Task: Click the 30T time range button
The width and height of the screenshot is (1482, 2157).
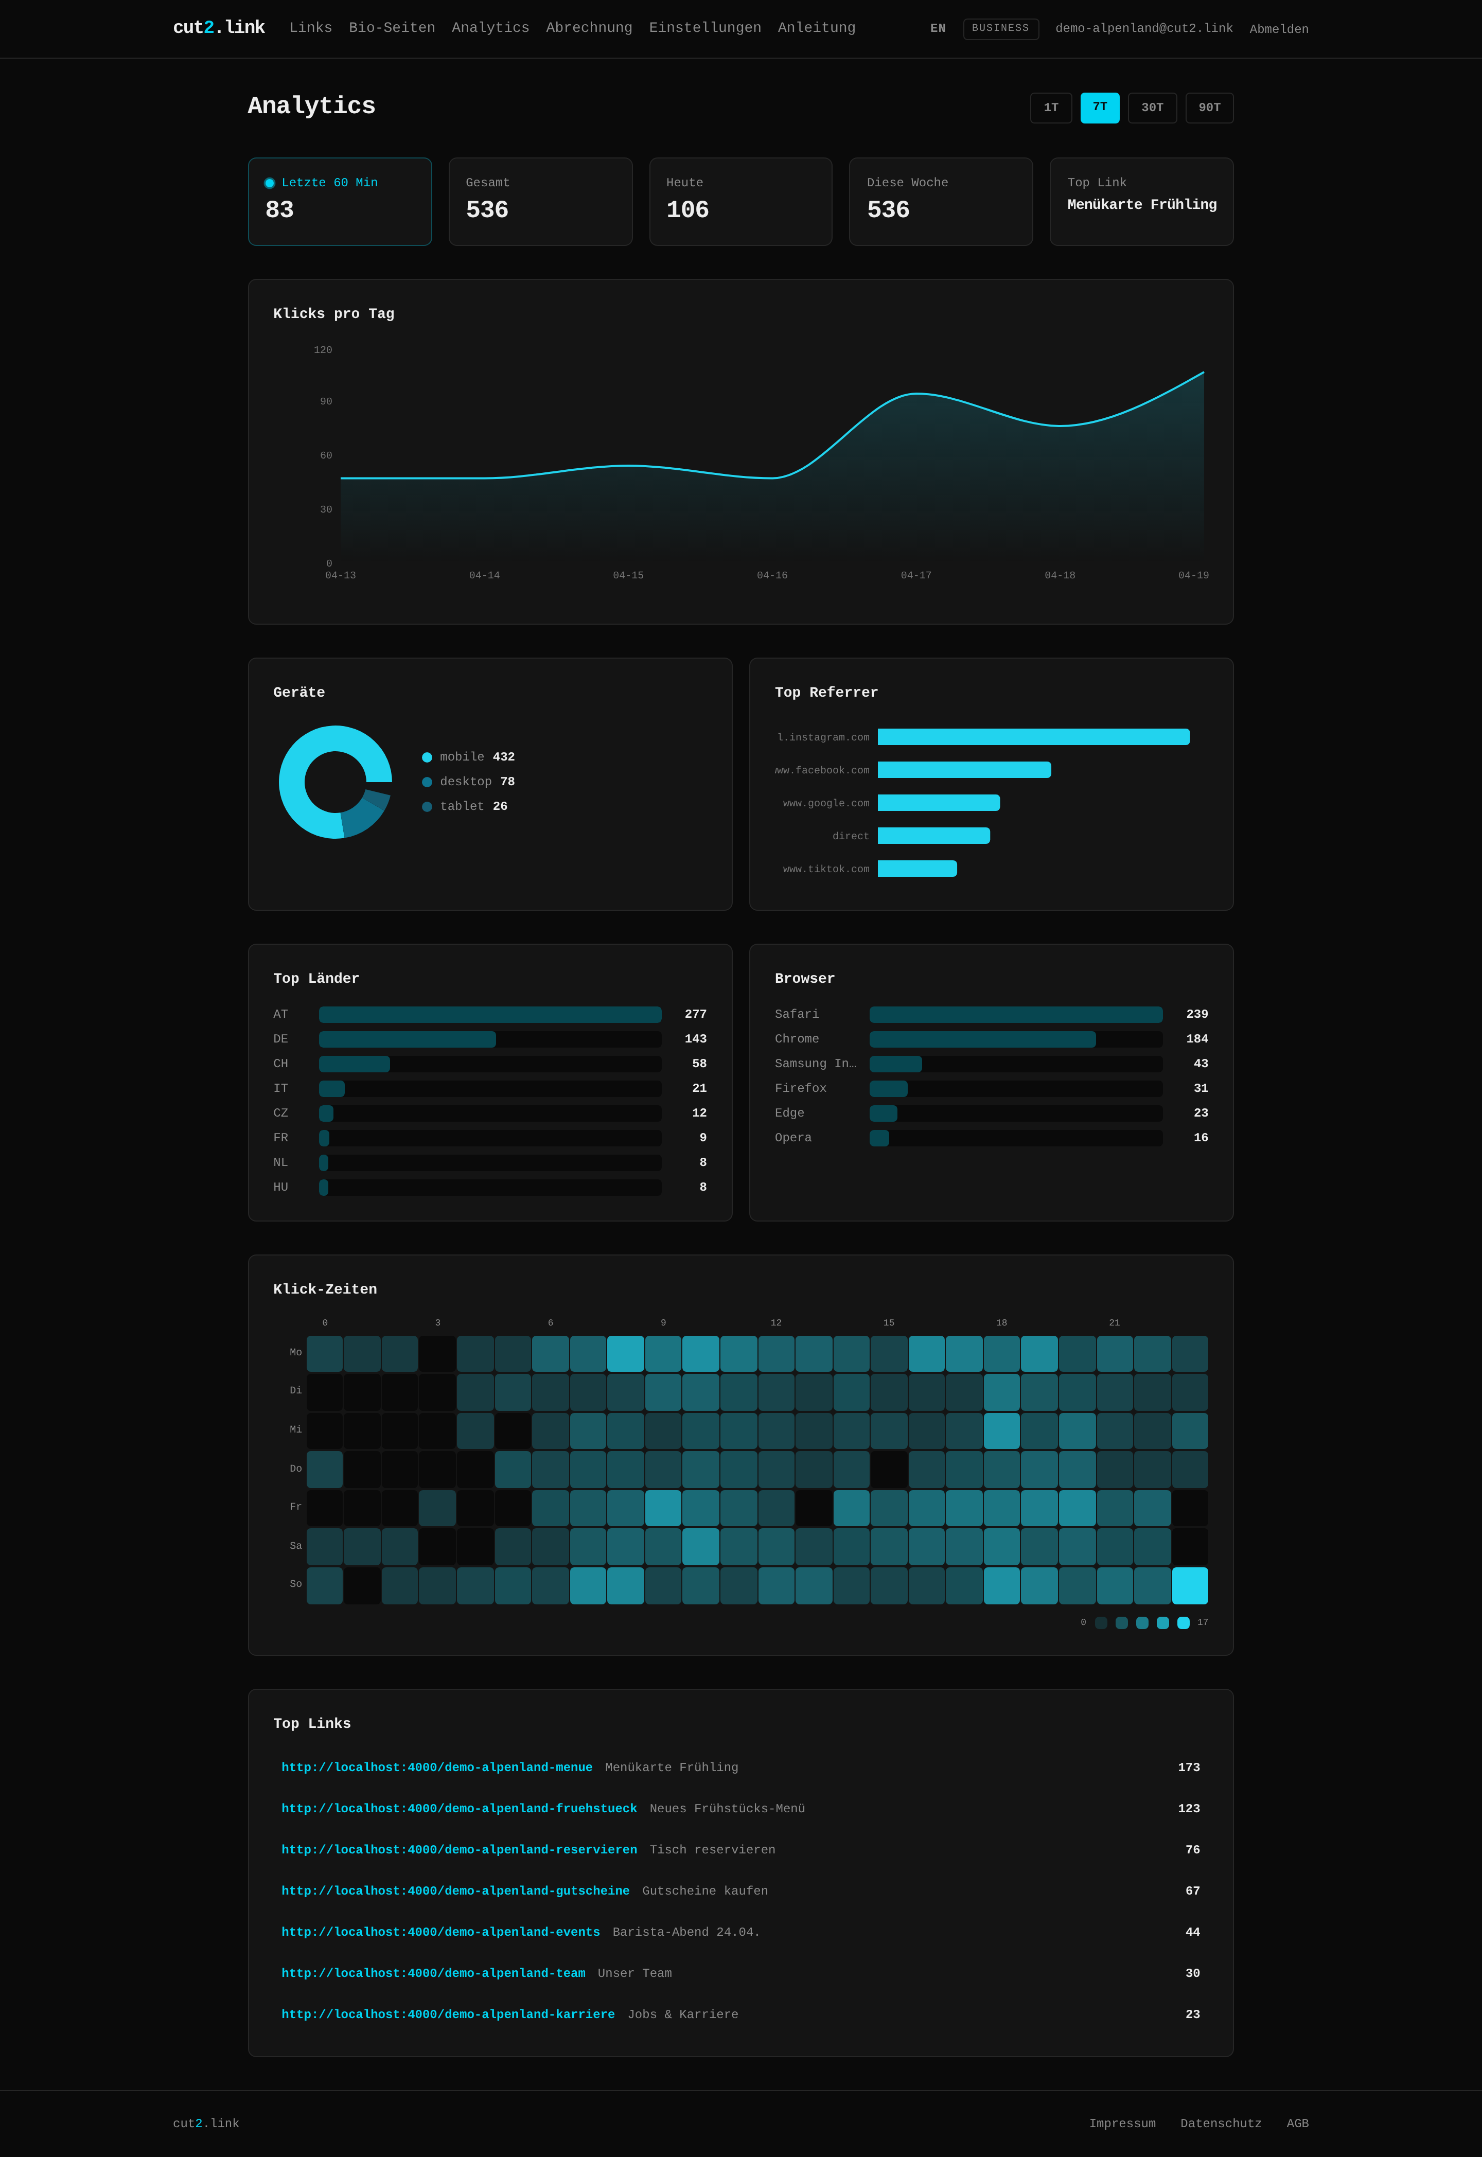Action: pyautogui.click(x=1152, y=108)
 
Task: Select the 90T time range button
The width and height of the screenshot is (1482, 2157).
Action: pyautogui.click(x=1209, y=108)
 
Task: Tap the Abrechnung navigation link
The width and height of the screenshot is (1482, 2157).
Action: pyautogui.click(x=589, y=28)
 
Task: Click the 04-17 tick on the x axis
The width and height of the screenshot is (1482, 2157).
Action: pyautogui.click(x=915, y=576)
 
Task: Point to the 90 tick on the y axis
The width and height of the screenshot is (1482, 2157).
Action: pyautogui.click(x=326, y=402)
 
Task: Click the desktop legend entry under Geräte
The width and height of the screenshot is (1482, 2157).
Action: pyautogui.click(x=468, y=782)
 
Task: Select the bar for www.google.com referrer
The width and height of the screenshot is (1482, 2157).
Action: pyautogui.click(x=938, y=803)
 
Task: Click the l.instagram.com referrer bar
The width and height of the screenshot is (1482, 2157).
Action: pyautogui.click(x=1033, y=737)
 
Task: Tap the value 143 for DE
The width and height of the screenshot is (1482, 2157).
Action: pyautogui.click(x=696, y=1039)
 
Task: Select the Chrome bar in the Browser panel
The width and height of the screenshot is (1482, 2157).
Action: pyautogui.click(x=981, y=1039)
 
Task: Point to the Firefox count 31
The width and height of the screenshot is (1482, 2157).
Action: pyautogui.click(x=1201, y=1088)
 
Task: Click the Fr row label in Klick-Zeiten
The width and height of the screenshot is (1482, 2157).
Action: pyautogui.click(x=295, y=1507)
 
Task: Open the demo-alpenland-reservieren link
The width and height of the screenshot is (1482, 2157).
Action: pyautogui.click(x=458, y=1850)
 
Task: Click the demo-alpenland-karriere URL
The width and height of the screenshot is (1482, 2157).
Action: pyautogui.click(x=448, y=2014)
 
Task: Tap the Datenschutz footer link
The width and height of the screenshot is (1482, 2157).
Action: pyautogui.click(x=1220, y=2124)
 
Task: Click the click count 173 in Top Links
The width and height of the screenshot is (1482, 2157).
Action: pyautogui.click(x=1189, y=1767)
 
